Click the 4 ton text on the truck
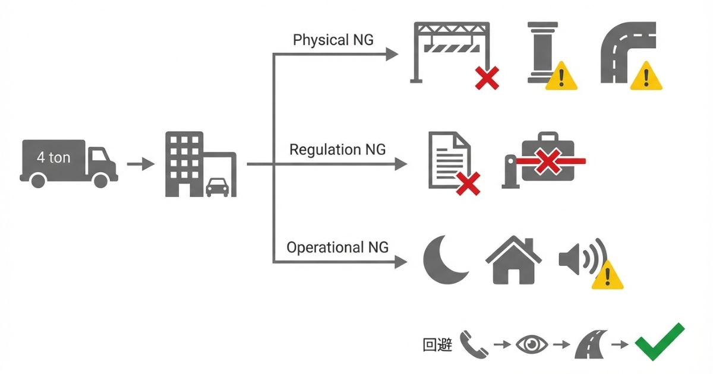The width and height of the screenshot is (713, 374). pyautogui.click(x=53, y=157)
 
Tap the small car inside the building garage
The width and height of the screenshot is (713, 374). pyautogui.click(x=217, y=186)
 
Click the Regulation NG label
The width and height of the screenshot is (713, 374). pyautogui.click(x=337, y=150)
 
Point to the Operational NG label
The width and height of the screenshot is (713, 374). pyautogui.click(x=337, y=247)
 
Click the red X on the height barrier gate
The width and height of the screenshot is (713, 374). pyautogui.click(x=487, y=78)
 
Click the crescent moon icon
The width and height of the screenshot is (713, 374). pyautogui.click(x=445, y=261)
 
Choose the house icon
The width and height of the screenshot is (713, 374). pyautogui.click(x=513, y=261)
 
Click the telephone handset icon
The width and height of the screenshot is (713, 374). pyautogui.click(x=474, y=344)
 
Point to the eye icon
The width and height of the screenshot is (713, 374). pyautogui.click(x=532, y=344)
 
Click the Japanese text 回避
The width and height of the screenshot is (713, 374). pyautogui.click(x=437, y=345)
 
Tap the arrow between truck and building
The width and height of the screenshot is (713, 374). pyautogui.click(x=141, y=164)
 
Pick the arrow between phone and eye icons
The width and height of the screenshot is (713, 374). pyautogui.click(x=502, y=344)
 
